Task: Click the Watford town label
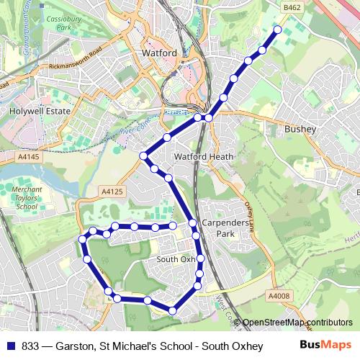click(159, 54)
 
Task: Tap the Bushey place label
click(300, 129)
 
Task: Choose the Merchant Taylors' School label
click(27, 198)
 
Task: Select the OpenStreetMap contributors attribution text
click(296, 323)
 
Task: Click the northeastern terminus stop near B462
click(278, 30)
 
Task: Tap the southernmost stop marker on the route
click(173, 310)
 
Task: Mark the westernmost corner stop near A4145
click(143, 156)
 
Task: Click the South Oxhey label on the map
click(176, 259)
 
